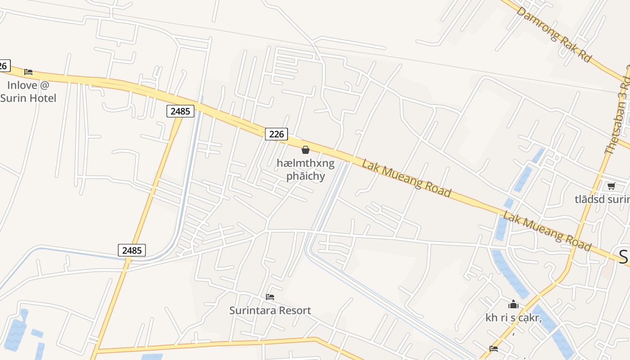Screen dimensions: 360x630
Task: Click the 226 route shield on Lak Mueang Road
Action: point(276,134)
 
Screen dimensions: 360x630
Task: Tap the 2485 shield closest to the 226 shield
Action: point(180,111)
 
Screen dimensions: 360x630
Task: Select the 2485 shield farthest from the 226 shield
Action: point(132,250)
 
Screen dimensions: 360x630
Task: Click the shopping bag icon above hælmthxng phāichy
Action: point(306,150)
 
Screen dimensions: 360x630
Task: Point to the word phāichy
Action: point(306,176)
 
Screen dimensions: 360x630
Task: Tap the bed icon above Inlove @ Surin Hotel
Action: point(28,72)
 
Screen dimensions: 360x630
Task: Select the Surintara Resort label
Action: point(270,310)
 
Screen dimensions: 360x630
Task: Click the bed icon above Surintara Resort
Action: point(270,297)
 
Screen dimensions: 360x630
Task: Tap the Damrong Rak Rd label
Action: point(553,35)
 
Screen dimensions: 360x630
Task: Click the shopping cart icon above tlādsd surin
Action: point(611,186)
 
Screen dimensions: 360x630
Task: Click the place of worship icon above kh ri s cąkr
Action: point(513,305)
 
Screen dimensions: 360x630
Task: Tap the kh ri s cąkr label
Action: point(513,318)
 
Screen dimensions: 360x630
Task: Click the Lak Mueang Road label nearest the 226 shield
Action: point(406,178)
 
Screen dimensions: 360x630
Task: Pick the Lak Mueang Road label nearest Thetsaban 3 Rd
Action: point(547,231)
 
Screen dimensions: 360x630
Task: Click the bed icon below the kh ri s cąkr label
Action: point(494,348)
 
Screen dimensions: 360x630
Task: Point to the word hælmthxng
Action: point(306,163)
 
